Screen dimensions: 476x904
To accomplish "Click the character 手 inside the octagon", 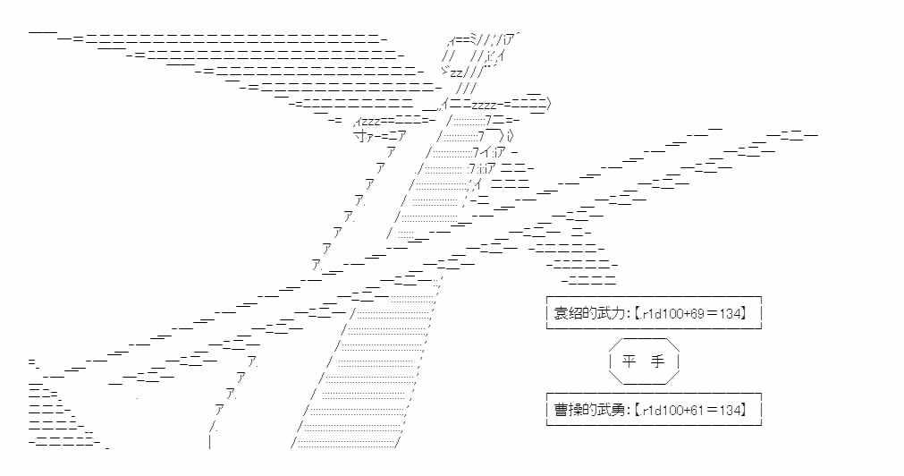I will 660,361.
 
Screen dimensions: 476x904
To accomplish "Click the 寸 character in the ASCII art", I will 359,136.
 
